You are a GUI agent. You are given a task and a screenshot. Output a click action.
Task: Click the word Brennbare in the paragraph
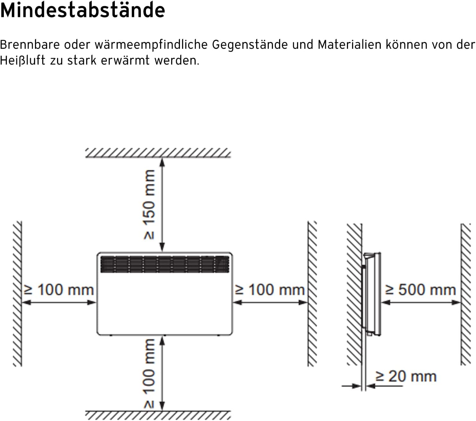tap(30, 44)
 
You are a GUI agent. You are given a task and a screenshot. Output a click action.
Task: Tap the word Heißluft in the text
tap(22, 60)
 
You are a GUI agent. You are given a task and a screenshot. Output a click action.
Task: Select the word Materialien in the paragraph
tap(349, 44)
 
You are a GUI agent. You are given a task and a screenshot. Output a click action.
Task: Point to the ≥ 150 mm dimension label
tap(149, 204)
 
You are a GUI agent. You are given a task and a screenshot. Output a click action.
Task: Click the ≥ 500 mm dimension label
tap(420, 290)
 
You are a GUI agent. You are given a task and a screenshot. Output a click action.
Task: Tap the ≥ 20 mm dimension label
tap(406, 376)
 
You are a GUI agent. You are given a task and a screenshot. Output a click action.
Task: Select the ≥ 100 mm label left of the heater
tap(58, 290)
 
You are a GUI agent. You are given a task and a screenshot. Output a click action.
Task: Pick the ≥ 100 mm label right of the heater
tap(269, 290)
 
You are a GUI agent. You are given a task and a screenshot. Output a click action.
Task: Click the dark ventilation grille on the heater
tap(165, 264)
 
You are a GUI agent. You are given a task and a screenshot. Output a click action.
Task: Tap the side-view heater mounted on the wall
tap(371, 294)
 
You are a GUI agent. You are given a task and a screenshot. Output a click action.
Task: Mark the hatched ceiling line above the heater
tap(158, 153)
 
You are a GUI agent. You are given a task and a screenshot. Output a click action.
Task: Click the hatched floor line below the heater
tap(158, 416)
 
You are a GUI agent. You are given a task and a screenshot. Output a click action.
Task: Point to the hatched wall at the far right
tap(466, 294)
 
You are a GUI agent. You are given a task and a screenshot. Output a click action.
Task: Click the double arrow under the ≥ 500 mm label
tap(421, 303)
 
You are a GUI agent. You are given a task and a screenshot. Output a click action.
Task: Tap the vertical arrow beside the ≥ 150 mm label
tap(162, 205)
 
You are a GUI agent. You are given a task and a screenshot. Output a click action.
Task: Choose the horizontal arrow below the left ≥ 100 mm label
tap(59, 303)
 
